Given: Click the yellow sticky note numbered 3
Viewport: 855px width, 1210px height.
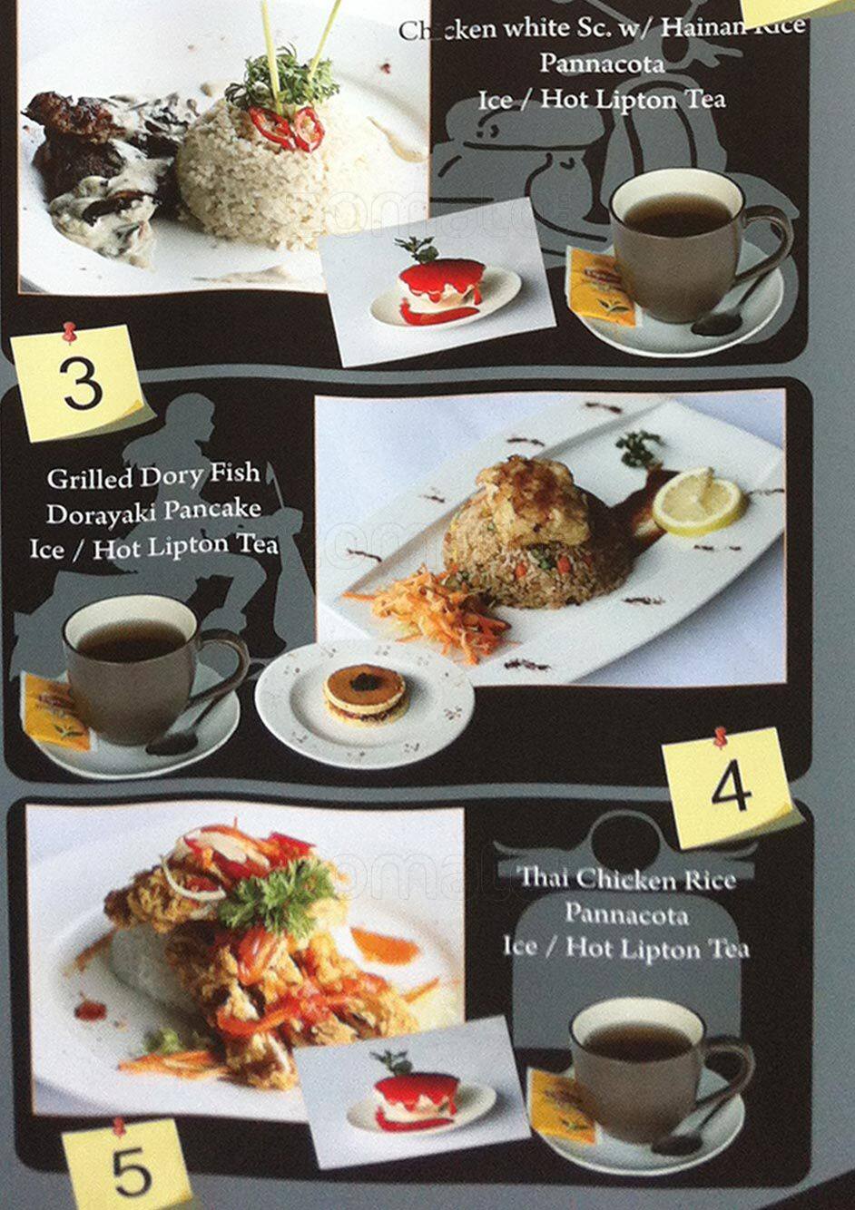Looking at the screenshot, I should pyautogui.click(x=80, y=383).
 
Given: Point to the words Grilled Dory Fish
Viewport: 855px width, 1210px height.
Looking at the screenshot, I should pyautogui.click(x=153, y=475).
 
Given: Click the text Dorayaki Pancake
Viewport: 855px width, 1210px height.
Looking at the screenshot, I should pyautogui.click(x=153, y=512).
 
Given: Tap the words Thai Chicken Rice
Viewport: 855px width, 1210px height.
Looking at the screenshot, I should pyautogui.click(x=626, y=878).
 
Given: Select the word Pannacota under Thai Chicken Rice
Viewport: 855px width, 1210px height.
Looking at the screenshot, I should pyautogui.click(x=626, y=913).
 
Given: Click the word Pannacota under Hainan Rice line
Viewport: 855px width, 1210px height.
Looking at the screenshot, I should pyautogui.click(x=602, y=63).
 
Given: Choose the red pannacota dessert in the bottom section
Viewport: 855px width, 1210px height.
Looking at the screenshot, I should pyautogui.click(x=419, y=1098).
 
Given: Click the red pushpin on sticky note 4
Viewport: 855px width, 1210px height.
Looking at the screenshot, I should pyautogui.click(x=721, y=736).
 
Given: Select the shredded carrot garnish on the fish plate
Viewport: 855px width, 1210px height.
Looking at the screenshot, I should pyautogui.click(x=436, y=606).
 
